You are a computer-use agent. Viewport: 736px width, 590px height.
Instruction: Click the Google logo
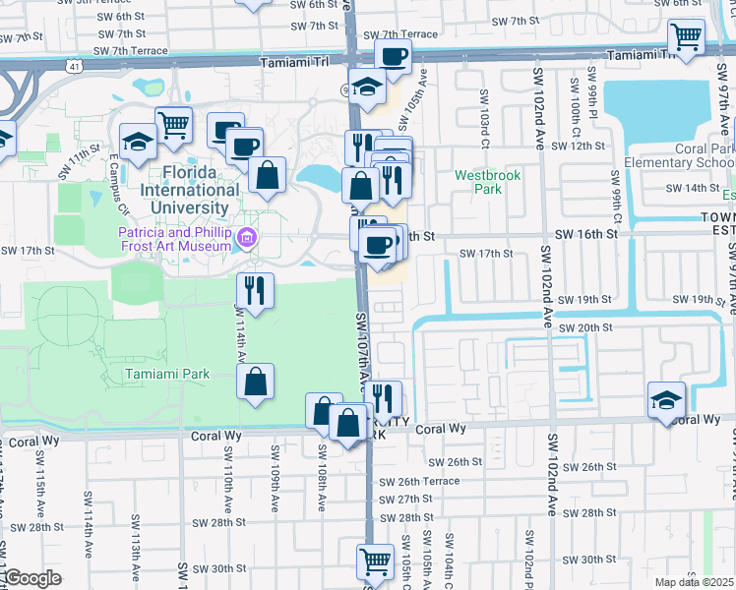click(x=32, y=578)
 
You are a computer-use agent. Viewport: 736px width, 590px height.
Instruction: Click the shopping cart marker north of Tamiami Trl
click(x=687, y=38)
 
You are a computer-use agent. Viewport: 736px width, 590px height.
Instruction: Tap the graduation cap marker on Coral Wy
click(x=666, y=401)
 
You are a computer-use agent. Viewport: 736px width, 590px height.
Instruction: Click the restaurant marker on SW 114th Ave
click(x=254, y=291)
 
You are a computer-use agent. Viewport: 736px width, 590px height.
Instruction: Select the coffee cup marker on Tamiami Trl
click(x=394, y=58)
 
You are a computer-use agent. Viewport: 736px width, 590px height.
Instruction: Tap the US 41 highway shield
click(x=75, y=66)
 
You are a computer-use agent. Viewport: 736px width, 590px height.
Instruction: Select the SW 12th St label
click(x=578, y=146)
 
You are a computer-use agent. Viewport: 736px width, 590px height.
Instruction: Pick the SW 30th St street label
click(x=218, y=568)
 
